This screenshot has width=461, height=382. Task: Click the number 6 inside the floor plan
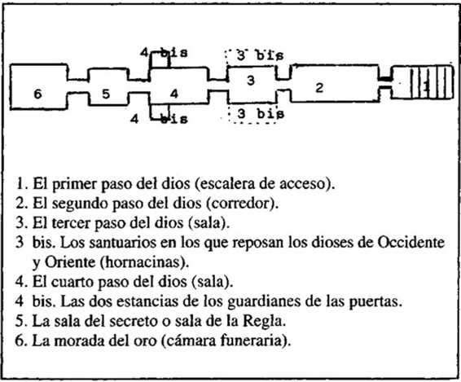coord(37,94)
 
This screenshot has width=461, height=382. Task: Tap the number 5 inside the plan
coord(106,94)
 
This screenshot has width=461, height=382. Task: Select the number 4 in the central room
coord(174,94)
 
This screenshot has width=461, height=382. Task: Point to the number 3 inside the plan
coord(251,81)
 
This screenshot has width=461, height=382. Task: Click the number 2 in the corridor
coord(319,88)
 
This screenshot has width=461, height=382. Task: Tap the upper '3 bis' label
coord(260,55)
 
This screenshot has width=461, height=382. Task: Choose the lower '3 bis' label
coord(261,114)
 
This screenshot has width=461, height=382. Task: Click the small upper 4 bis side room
coord(160,60)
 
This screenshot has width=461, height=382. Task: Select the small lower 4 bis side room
coord(160,112)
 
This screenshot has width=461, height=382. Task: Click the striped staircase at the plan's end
coord(432,82)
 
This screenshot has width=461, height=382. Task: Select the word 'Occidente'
coord(411,243)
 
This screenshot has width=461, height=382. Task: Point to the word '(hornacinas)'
coord(144,262)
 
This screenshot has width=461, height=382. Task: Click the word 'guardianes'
coord(264,301)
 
